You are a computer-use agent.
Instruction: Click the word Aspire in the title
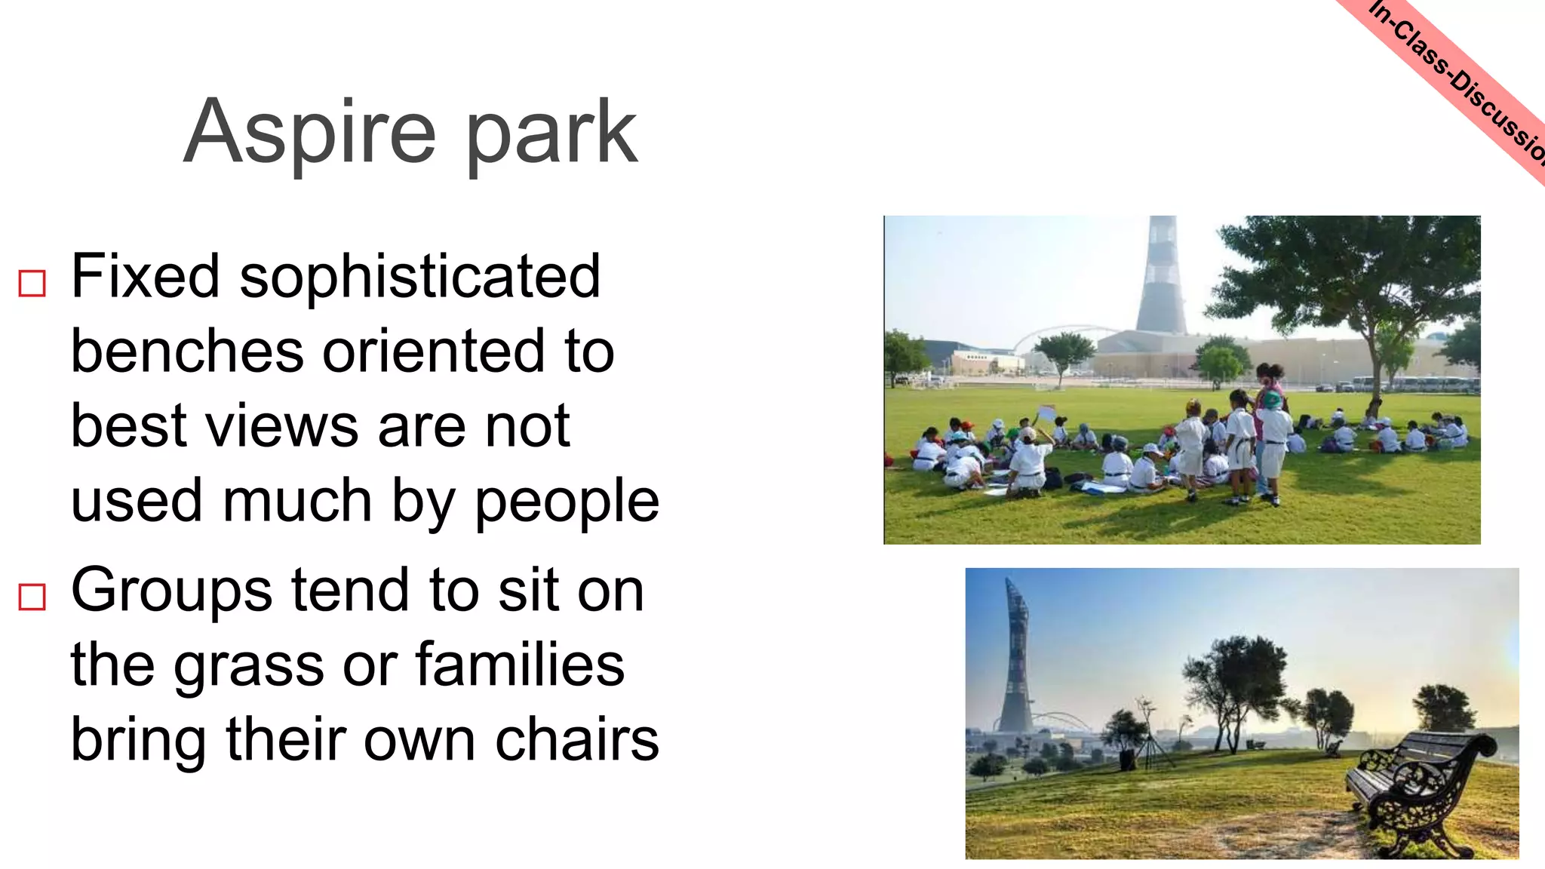click(309, 134)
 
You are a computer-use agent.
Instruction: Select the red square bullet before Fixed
click(32, 284)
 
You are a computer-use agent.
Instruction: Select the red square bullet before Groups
click(32, 597)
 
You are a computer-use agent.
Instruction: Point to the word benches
click(186, 352)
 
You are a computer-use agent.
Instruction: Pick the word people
click(567, 502)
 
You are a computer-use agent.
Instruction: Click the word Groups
click(171, 591)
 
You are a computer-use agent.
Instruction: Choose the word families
click(520, 665)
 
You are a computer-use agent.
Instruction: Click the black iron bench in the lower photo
click(1418, 792)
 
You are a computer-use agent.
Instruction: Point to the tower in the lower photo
click(1015, 664)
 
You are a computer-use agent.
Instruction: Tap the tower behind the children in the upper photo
click(1161, 279)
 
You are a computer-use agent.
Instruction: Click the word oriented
click(434, 352)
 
